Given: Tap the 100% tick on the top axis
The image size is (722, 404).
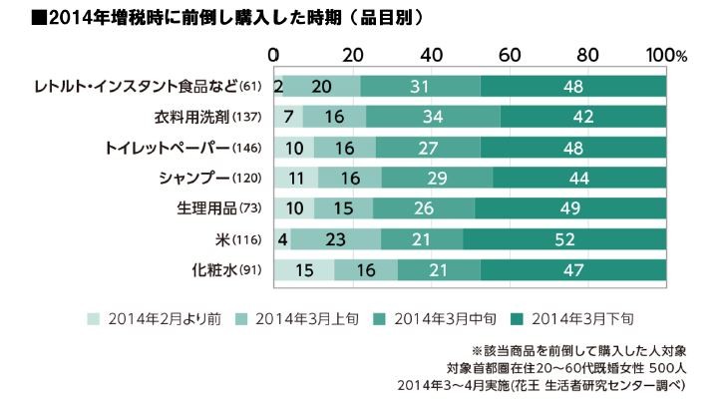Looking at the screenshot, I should [x=664, y=54].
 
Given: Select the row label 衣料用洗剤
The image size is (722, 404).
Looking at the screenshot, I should [x=209, y=118].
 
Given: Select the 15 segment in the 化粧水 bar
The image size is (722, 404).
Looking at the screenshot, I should [x=303, y=270].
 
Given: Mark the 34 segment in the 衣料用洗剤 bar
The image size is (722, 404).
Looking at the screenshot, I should [x=434, y=118].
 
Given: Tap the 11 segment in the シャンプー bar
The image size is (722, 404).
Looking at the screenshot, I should [x=295, y=179].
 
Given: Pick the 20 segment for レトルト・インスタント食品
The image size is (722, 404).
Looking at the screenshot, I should [x=321, y=88].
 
